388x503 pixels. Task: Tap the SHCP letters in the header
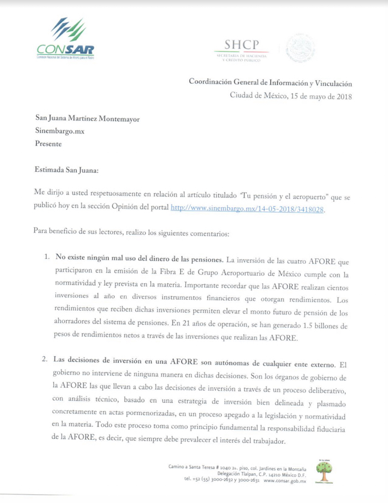point(242,45)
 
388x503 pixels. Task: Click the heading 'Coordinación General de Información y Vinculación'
point(270,83)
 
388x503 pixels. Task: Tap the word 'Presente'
point(48,144)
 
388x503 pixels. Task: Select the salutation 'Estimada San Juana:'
point(67,170)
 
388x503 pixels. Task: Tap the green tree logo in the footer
point(324,471)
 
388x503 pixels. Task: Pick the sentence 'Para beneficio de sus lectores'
point(83,233)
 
